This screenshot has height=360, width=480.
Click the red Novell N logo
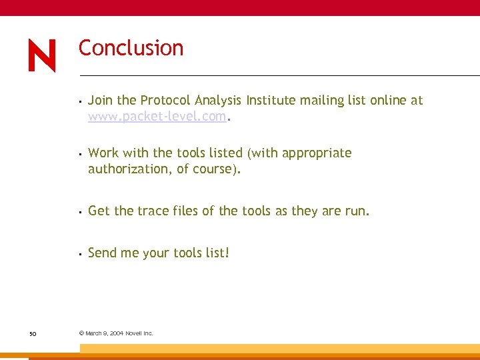(x=42, y=55)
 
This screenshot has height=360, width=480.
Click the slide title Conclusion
(x=131, y=48)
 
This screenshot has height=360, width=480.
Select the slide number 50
(x=33, y=333)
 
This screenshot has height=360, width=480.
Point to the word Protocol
(x=165, y=101)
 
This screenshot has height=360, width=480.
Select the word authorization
(x=130, y=169)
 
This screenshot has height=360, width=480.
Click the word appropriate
(x=317, y=153)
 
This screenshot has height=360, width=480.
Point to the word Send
(x=102, y=253)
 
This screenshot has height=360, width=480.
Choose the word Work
(x=103, y=153)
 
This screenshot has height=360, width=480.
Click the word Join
(x=101, y=101)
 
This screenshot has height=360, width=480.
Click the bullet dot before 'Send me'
(x=79, y=254)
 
